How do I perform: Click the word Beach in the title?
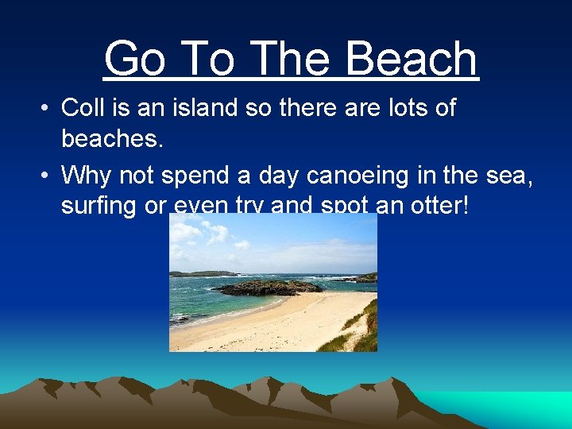pyautogui.click(x=412, y=60)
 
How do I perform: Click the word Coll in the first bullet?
pyautogui.click(x=82, y=107)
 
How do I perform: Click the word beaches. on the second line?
pyautogui.click(x=113, y=141)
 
